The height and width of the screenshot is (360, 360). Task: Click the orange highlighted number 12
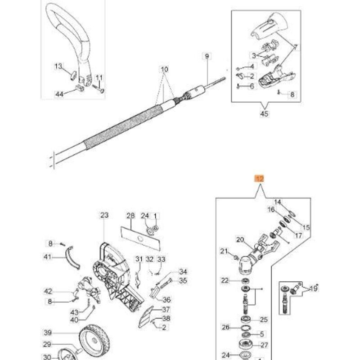(260, 179)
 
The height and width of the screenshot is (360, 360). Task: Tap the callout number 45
(264, 114)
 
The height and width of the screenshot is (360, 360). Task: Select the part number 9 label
(207, 56)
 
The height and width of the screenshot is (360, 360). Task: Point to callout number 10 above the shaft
(164, 69)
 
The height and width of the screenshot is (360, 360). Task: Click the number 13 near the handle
(58, 66)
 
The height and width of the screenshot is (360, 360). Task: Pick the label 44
(59, 94)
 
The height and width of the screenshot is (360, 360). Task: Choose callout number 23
(104, 216)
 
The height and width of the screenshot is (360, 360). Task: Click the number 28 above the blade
(130, 216)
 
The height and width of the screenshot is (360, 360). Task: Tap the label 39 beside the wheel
(48, 333)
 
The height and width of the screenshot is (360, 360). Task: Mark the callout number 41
(48, 256)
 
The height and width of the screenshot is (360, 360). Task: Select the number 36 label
(166, 300)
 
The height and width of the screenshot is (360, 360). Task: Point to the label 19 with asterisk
(314, 288)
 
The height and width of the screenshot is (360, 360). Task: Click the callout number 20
(240, 240)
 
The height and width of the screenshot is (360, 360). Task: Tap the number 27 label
(264, 345)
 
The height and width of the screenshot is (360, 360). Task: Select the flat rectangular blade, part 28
(141, 239)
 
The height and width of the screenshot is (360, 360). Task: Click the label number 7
(296, 47)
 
